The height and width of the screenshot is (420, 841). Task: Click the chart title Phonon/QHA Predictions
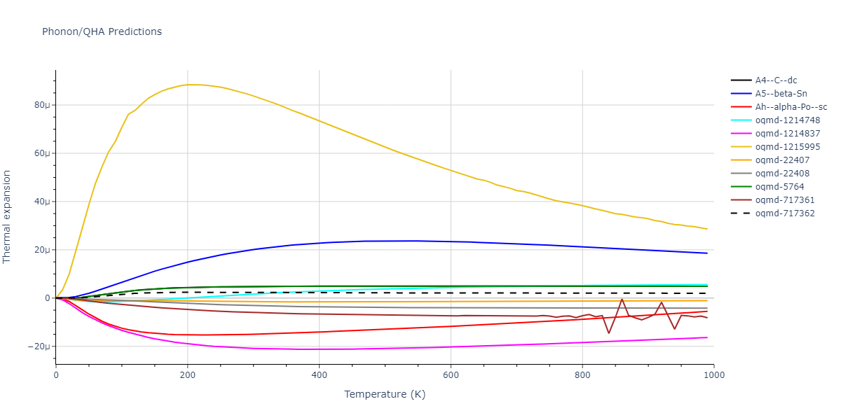[x=102, y=31]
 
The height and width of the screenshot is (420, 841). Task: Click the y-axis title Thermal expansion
[x=8, y=216]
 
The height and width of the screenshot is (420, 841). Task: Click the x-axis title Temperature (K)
[x=385, y=394]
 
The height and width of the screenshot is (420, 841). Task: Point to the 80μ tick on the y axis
[x=43, y=105]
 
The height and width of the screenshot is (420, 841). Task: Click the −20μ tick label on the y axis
[x=40, y=346]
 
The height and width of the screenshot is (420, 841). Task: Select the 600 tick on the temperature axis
[x=451, y=374]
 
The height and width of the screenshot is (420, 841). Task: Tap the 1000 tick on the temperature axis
[x=713, y=374]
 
